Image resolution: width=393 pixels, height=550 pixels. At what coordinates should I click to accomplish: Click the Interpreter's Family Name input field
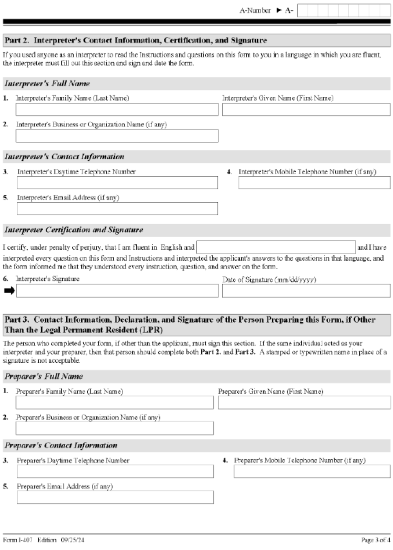tap(117, 110)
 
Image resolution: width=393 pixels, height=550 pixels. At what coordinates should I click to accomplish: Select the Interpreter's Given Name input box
tap(306, 110)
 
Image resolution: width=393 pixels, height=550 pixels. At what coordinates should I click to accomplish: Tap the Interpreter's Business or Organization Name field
tap(117, 136)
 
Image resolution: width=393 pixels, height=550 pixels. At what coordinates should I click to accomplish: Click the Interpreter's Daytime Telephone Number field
tap(117, 182)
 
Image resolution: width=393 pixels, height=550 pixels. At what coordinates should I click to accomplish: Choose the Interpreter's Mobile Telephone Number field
tap(314, 182)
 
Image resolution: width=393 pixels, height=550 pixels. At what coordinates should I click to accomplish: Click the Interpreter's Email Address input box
tap(117, 208)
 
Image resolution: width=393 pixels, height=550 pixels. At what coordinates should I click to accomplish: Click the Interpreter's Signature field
tap(117, 291)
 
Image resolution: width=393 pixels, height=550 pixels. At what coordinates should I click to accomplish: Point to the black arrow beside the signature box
tap(9, 291)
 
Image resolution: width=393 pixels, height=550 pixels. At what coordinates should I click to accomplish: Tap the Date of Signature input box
tap(306, 291)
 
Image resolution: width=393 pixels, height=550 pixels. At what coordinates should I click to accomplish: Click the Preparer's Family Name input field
tap(114, 403)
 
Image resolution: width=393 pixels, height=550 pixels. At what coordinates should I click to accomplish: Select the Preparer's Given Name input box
tap(304, 403)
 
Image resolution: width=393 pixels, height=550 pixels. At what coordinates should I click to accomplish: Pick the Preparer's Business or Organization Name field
tap(114, 428)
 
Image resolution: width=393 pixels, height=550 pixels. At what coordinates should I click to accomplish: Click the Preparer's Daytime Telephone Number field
tap(115, 471)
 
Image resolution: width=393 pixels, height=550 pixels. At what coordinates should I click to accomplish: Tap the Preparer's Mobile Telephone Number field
tap(312, 471)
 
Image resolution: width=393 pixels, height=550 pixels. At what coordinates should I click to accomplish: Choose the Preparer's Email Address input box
tap(115, 497)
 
